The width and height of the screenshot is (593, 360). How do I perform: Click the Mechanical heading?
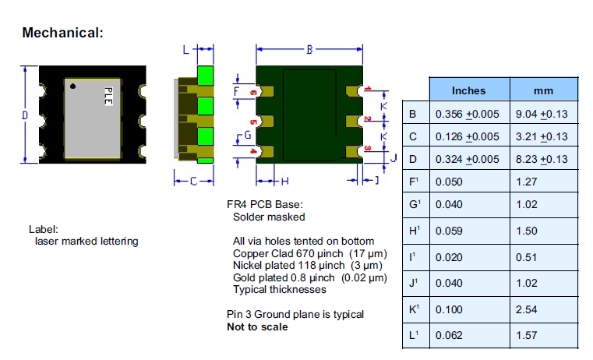[x=63, y=33]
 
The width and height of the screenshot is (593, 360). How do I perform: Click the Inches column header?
[x=468, y=90]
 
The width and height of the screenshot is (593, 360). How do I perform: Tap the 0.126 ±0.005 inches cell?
[x=466, y=137]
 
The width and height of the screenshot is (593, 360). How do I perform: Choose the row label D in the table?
[x=412, y=160]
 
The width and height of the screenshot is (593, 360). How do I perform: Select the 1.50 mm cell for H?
[x=527, y=231]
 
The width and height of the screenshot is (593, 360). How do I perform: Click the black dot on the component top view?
[x=72, y=86]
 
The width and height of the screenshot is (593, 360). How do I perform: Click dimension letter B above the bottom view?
[x=309, y=50]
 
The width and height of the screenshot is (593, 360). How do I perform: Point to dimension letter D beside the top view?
[x=24, y=115]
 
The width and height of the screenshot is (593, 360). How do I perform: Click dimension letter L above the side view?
[x=185, y=50]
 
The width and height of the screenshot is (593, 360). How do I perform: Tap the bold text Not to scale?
[x=256, y=326]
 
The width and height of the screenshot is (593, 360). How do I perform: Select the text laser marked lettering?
[x=86, y=241]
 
